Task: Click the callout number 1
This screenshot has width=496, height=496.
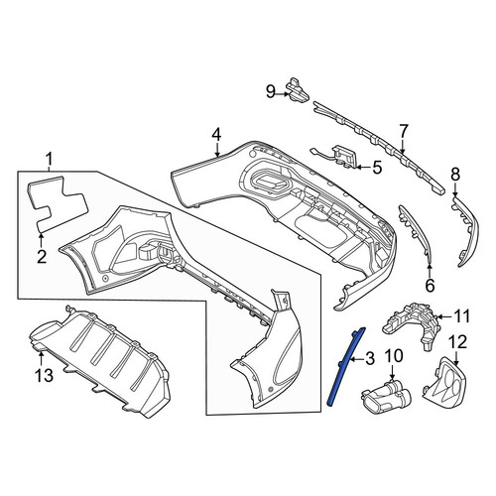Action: tap(49, 160)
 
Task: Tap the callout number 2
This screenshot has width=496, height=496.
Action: tap(42, 256)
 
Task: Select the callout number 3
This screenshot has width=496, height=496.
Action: tap(369, 358)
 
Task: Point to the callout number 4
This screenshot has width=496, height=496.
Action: tap(216, 135)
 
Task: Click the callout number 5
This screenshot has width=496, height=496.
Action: tap(377, 168)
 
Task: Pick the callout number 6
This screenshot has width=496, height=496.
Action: tap(430, 286)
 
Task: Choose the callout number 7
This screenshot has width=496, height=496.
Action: tap(404, 131)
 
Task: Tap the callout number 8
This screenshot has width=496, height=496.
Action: tap(455, 175)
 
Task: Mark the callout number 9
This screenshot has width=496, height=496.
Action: tap(271, 91)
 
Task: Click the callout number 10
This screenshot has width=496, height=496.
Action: tap(394, 356)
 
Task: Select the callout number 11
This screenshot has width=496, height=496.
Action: tap(462, 316)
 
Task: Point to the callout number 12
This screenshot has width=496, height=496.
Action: tap(457, 342)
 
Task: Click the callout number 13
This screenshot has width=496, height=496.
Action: tap(44, 375)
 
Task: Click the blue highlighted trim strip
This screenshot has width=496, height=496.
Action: tap(344, 368)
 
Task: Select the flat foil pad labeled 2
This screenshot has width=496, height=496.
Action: tap(57, 203)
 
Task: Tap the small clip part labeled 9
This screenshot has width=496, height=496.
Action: tap(298, 89)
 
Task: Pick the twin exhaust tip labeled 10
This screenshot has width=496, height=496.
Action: tap(386, 397)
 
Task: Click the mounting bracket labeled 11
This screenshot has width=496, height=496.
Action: tap(414, 325)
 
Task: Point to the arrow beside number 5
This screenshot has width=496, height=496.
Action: tap(362, 168)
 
